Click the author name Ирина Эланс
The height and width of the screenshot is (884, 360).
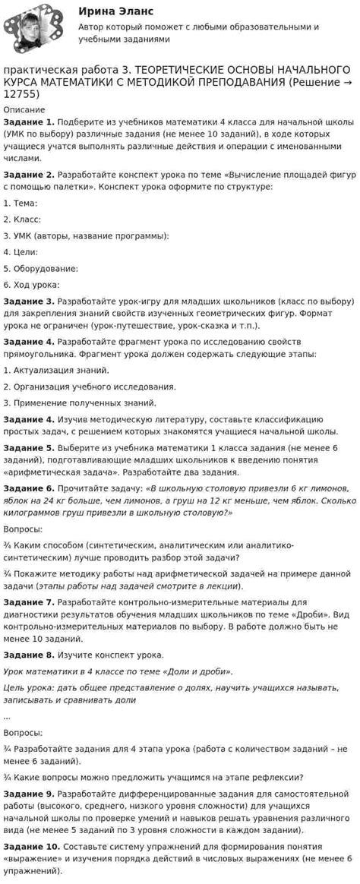coord(115,11)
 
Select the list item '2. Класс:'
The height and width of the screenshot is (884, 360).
coord(22,219)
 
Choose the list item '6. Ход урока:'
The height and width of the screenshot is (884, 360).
coord(31,285)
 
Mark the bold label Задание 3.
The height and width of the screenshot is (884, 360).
coord(29,301)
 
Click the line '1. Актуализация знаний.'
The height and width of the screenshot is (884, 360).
coord(56,370)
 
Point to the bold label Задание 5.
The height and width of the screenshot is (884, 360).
coord(29,448)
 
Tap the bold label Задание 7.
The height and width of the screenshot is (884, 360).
coord(29,602)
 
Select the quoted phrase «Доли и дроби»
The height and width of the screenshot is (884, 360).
coord(200,671)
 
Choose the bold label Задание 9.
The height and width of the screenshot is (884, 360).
coord(29,794)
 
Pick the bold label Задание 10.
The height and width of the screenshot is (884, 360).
coord(31,846)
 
